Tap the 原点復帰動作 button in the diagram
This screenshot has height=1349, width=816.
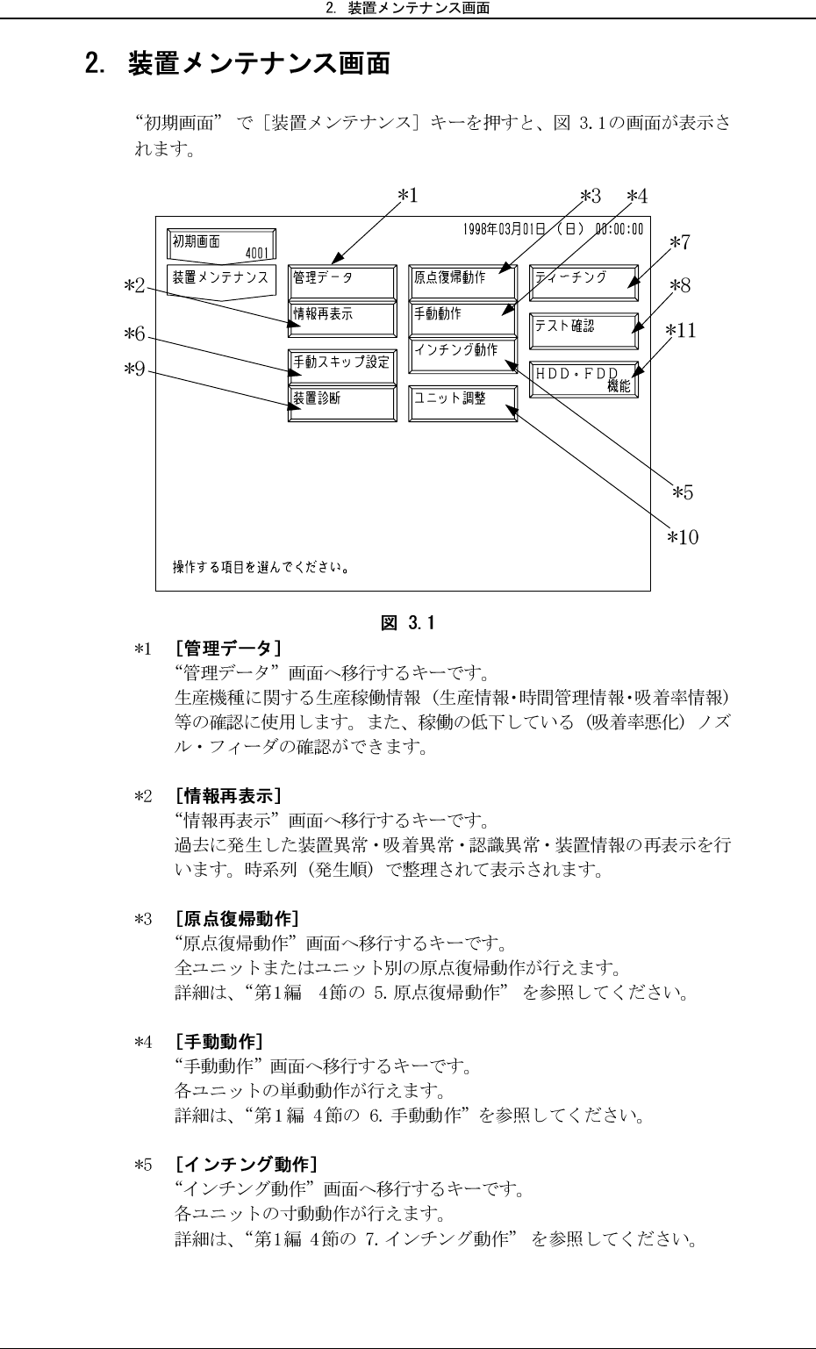(462, 282)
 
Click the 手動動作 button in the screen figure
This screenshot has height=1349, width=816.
(462, 318)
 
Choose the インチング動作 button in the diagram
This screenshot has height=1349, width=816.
(462, 354)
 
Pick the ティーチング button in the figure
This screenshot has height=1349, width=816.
(583, 282)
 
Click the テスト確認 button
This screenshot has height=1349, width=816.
(583, 330)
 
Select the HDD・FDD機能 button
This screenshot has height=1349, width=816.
(583, 379)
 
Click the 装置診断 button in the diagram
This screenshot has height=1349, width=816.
(342, 403)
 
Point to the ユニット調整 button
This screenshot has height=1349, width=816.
(462, 403)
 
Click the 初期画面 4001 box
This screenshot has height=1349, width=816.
(220, 246)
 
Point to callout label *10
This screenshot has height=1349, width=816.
(683, 536)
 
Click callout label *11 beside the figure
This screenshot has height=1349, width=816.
(680, 330)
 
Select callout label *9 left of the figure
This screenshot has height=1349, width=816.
(134, 369)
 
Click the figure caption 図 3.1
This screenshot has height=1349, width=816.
(408, 624)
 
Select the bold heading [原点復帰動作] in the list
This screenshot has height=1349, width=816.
(237, 919)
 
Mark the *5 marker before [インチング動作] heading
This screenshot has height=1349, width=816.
(144, 1166)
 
